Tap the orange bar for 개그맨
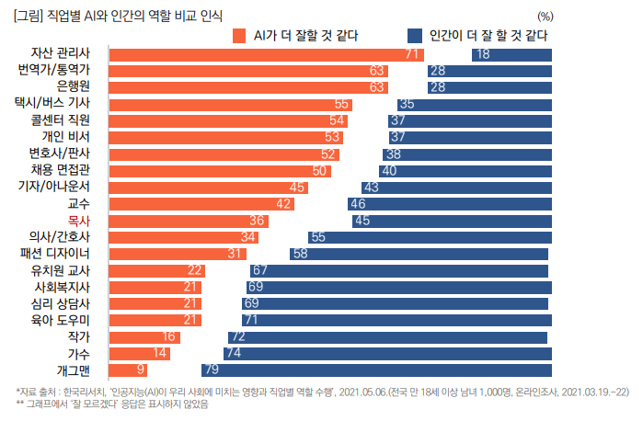click(x=129, y=370)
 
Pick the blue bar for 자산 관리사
click(x=511, y=54)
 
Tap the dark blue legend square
click(x=415, y=36)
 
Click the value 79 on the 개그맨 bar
click(x=211, y=370)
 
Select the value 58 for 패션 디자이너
click(x=299, y=254)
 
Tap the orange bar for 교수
click(x=202, y=204)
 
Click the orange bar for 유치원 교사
click(x=157, y=270)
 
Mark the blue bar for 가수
click(x=387, y=353)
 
